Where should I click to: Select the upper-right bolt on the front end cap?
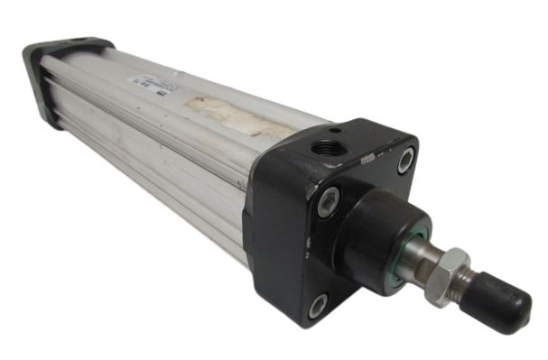tap(406, 160)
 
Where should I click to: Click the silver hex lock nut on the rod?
tap(446, 274)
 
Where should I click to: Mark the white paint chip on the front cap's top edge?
tap(367, 159)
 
